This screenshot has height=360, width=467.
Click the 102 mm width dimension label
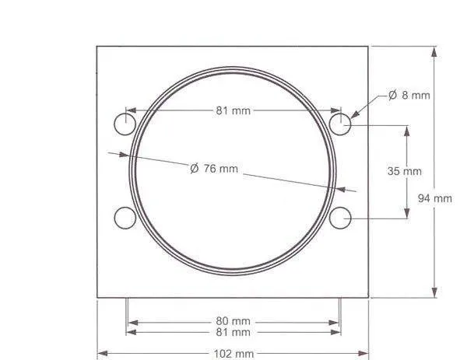pyautogui.click(x=233, y=354)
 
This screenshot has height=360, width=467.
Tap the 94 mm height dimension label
pyautogui.click(x=435, y=198)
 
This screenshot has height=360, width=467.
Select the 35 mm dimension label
pyautogui.click(x=405, y=171)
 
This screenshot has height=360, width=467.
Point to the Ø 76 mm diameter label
pyautogui.click(x=214, y=169)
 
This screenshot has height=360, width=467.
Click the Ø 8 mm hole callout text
pyautogui.click(x=409, y=95)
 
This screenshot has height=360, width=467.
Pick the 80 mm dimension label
pyautogui.click(x=233, y=321)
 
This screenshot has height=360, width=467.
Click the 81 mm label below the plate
pyautogui.click(x=233, y=332)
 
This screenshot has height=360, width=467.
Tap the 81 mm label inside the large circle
pyautogui.click(x=233, y=110)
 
